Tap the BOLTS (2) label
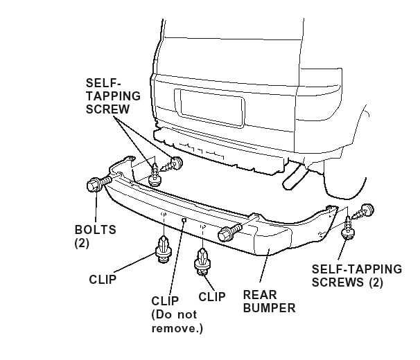[95, 235]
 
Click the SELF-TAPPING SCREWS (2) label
[356, 275]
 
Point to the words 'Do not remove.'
[177, 321]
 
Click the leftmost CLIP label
[102, 280]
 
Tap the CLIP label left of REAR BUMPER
[211, 297]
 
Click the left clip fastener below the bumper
[164, 250]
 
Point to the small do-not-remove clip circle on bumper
[184, 219]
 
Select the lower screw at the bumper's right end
[346, 231]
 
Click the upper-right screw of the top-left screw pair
[177, 164]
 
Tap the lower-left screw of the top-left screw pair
[155, 177]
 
